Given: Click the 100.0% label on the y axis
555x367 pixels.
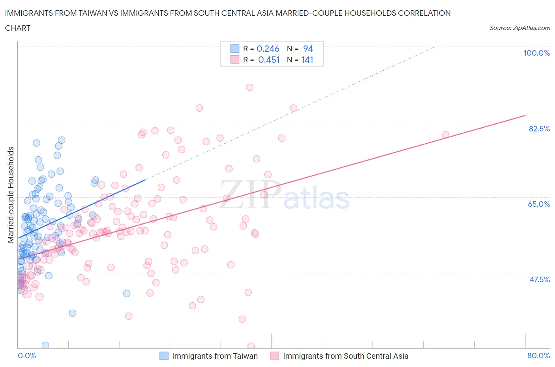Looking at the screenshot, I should point(536,53).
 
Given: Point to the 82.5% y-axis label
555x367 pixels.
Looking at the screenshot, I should point(539,129).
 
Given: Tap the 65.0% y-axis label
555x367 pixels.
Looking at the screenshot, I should point(539,204).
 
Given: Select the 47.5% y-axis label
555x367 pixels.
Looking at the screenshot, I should point(539,279).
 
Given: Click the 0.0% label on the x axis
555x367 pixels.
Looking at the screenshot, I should point(27,356).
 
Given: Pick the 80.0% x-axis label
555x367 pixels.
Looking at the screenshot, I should point(538,356).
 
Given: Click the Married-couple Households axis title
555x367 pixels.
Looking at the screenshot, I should point(11,195).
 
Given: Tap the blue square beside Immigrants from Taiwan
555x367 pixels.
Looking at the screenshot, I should point(164,356).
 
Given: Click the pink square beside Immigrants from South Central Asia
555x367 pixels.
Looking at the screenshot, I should point(274,356).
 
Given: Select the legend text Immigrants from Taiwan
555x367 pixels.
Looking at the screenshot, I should point(215,356).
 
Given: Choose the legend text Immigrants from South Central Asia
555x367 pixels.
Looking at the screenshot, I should point(345,356).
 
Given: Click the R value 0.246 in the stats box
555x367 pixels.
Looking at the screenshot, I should point(268,49).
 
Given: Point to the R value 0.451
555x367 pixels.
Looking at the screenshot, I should point(269,60).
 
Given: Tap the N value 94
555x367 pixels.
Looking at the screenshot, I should point(308,49).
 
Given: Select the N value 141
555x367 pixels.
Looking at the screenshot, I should point(307,60).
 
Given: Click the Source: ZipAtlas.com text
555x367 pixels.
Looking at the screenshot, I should point(519,28).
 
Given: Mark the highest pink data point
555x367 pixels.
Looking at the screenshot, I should point(249,87).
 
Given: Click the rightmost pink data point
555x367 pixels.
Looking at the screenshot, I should point(445,135).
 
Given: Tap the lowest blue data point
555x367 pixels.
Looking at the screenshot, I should point(45,345).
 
